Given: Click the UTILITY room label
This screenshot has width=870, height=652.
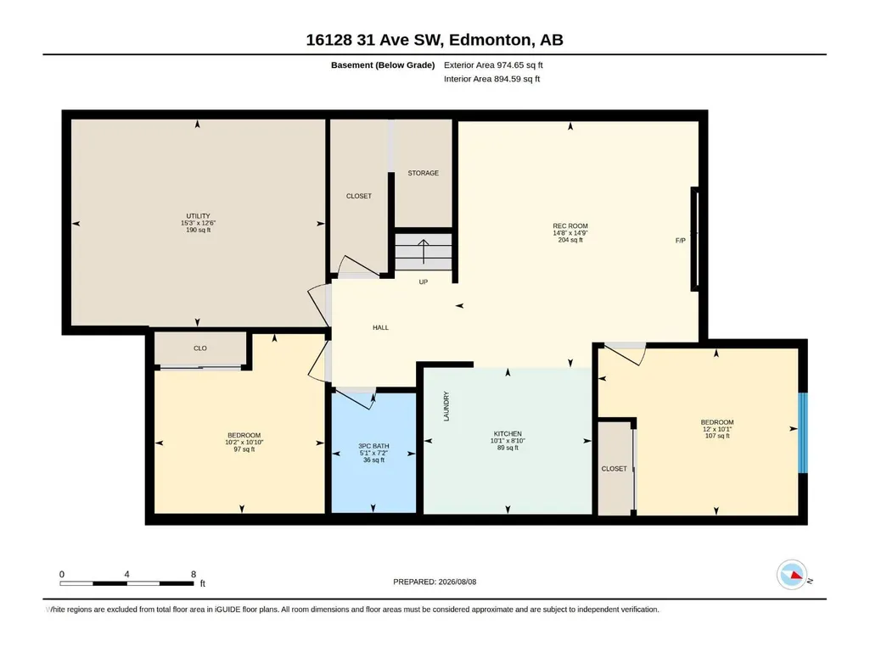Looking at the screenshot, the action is (198, 216).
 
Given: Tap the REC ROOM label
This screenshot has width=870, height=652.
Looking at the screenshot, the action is (570, 226).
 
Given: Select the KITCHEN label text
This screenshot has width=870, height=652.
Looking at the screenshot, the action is (508, 434).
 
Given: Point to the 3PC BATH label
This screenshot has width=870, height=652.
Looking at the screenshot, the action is (373, 446).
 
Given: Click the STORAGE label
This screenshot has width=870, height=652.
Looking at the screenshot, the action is (424, 173).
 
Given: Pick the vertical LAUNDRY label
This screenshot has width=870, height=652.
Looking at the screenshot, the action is (446, 406).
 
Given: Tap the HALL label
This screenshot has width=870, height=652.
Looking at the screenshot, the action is (380, 327).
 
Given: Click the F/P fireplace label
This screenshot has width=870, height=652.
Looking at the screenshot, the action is (680, 241).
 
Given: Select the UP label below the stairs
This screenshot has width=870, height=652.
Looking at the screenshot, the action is (424, 282).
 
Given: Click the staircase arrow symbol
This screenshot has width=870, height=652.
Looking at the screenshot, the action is (424, 251).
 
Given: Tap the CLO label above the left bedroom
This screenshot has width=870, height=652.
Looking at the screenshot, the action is (200, 348).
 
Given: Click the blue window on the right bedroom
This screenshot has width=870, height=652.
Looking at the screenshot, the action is (803, 433).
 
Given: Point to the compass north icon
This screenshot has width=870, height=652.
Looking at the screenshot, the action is (792, 575).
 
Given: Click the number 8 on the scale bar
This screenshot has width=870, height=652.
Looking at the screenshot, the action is (193, 574).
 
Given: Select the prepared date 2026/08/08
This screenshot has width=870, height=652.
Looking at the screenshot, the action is (457, 582).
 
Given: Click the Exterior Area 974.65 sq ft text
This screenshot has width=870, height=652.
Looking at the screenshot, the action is (493, 65).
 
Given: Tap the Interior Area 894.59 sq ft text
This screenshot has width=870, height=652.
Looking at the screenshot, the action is (491, 79).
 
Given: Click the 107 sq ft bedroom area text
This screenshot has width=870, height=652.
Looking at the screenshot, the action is (717, 436).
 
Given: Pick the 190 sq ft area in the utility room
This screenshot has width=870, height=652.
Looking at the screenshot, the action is (198, 230).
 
